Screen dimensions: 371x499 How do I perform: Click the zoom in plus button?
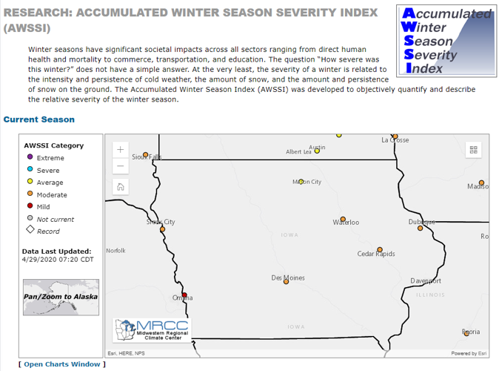coord(121,149)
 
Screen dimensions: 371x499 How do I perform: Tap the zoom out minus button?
coord(121,166)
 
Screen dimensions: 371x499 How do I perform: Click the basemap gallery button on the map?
coord(473,150)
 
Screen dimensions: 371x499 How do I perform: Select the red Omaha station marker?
coord(184,295)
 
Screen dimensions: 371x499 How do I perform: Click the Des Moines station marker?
coord(286,282)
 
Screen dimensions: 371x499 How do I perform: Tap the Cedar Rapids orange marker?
coord(380,250)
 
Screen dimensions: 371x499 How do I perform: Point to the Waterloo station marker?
coord(343,219)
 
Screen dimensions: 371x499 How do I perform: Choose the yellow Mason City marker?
coord(301,182)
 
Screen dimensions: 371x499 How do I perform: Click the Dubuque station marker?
coord(421,228)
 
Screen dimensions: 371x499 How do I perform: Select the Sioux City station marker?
coord(163,229)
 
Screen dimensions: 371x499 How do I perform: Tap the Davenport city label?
coord(426,281)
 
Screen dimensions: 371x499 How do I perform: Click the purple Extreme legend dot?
coord(30,158)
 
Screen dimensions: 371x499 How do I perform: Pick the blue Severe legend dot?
coord(30,170)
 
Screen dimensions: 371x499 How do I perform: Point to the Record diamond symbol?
coord(30,231)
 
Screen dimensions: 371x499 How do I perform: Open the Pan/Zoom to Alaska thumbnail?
coord(61,297)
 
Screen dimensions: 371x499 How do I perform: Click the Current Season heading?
coord(39,119)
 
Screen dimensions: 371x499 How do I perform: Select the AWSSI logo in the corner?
coord(443,41)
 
